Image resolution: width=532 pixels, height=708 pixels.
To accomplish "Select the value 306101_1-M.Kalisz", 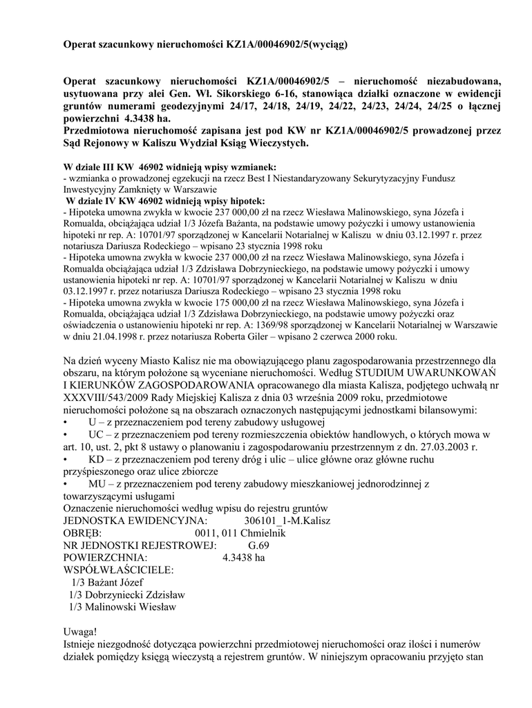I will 287,521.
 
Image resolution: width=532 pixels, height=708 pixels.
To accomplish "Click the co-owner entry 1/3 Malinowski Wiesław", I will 122,608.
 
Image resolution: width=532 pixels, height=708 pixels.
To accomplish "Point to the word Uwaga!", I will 81,633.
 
